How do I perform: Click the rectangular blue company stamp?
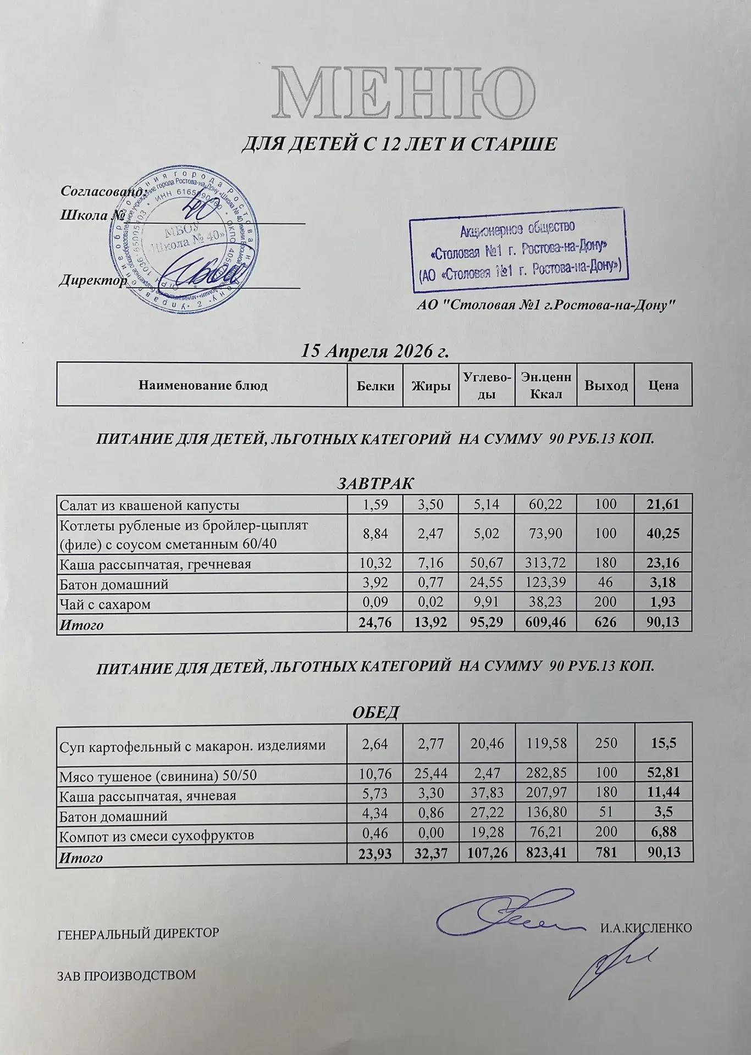pyautogui.click(x=518, y=250)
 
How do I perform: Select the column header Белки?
pyautogui.click(x=375, y=386)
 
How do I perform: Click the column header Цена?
pyautogui.click(x=663, y=386)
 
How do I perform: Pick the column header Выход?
pyautogui.click(x=606, y=386)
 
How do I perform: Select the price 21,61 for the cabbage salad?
pyautogui.click(x=663, y=504)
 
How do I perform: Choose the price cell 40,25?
pyautogui.click(x=663, y=534)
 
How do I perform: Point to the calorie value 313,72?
pyautogui.click(x=546, y=563)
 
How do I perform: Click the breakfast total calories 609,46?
pyautogui.click(x=546, y=623)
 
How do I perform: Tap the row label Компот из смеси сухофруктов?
pyautogui.click(x=157, y=836)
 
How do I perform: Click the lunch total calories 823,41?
pyautogui.click(x=546, y=853)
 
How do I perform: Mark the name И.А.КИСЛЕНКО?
pyautogui.click(x=645, y=928)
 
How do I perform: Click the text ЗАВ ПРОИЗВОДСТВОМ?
pyautogui.click(x=126, y=975)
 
